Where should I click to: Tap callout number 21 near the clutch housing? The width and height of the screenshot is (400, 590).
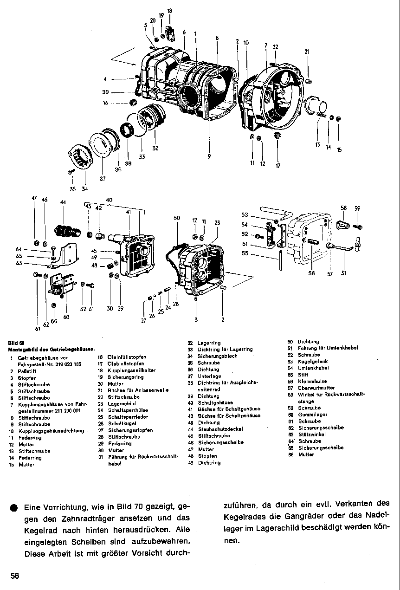click(x=307, y=52)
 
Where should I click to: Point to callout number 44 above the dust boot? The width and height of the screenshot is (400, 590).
click(x=63, y=202)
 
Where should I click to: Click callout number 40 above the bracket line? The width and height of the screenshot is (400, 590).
click(x=110, y=200)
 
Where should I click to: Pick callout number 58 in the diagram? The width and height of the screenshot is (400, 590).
click(x=344, y=208)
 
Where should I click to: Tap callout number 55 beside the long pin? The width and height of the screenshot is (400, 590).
click(x=245, y=253)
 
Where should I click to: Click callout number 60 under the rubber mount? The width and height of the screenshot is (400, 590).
click(x=66, y=317)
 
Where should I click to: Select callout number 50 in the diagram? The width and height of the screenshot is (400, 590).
click(x=176, y=218)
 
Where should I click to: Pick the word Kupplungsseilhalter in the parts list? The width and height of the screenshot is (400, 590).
click(x=125, y=370)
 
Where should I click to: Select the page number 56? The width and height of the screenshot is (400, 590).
click(x=15, y=576)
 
